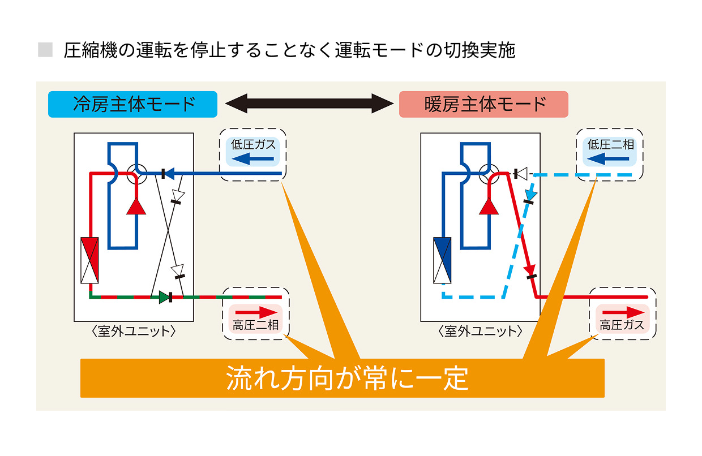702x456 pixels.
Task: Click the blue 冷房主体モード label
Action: click(132, 105)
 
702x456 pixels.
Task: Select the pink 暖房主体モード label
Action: click(483, 105)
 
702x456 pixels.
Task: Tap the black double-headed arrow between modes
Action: click(309, 104)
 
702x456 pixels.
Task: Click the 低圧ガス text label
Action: click(253, 144)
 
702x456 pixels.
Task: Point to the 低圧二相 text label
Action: click(610, 144)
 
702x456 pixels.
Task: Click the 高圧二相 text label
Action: click(255, 325)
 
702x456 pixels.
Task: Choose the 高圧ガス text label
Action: click(623, 325)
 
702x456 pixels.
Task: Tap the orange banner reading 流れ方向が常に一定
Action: click(343, 378)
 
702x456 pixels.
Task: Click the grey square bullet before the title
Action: click(45, 50)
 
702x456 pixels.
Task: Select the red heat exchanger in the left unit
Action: click(90, 260)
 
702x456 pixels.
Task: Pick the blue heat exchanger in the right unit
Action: click(442, 260)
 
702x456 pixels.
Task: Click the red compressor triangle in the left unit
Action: click(136, 207)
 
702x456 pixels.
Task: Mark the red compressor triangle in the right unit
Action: click(489, 207)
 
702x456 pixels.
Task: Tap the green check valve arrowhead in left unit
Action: click(164, 297)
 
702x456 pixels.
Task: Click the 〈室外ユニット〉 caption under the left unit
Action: click(134, 331)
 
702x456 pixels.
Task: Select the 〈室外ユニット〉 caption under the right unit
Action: click(480, 331)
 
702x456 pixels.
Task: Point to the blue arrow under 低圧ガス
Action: click(252, 158)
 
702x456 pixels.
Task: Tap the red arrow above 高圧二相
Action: click(256, 312)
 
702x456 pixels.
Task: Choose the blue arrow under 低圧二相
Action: click(610, 158)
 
